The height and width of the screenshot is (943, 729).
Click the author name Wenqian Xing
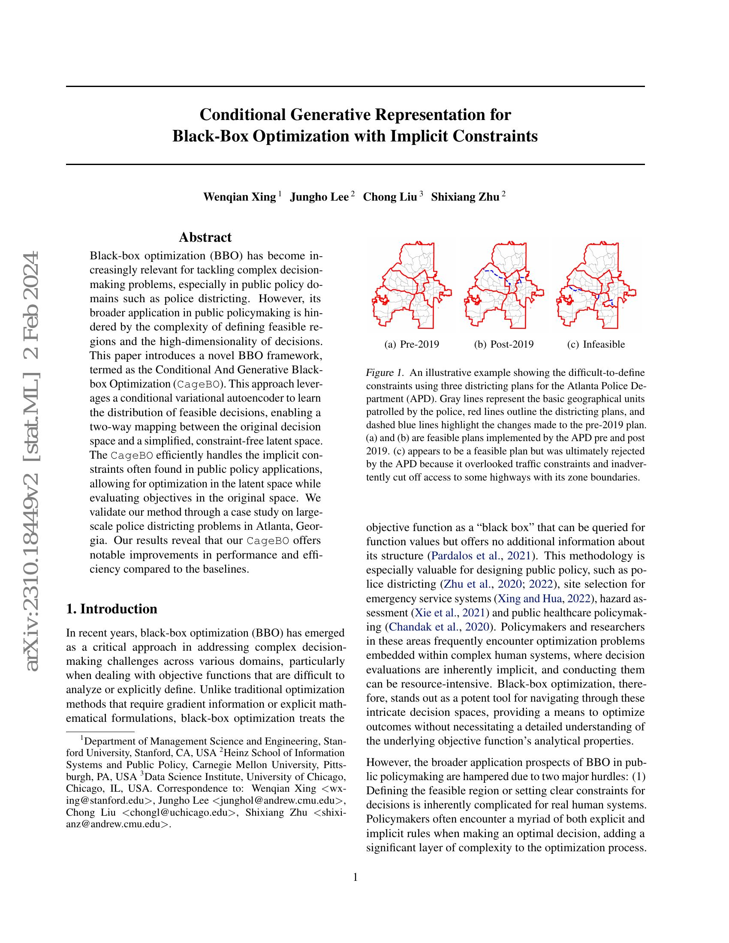(239, 197)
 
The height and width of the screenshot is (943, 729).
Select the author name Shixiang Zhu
(465, 197)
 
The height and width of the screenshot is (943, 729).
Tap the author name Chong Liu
(389, 197)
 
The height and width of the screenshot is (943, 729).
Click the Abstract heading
(205, 237)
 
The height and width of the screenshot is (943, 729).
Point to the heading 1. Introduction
(111, 609)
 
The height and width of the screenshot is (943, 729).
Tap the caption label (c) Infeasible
(596, 344)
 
